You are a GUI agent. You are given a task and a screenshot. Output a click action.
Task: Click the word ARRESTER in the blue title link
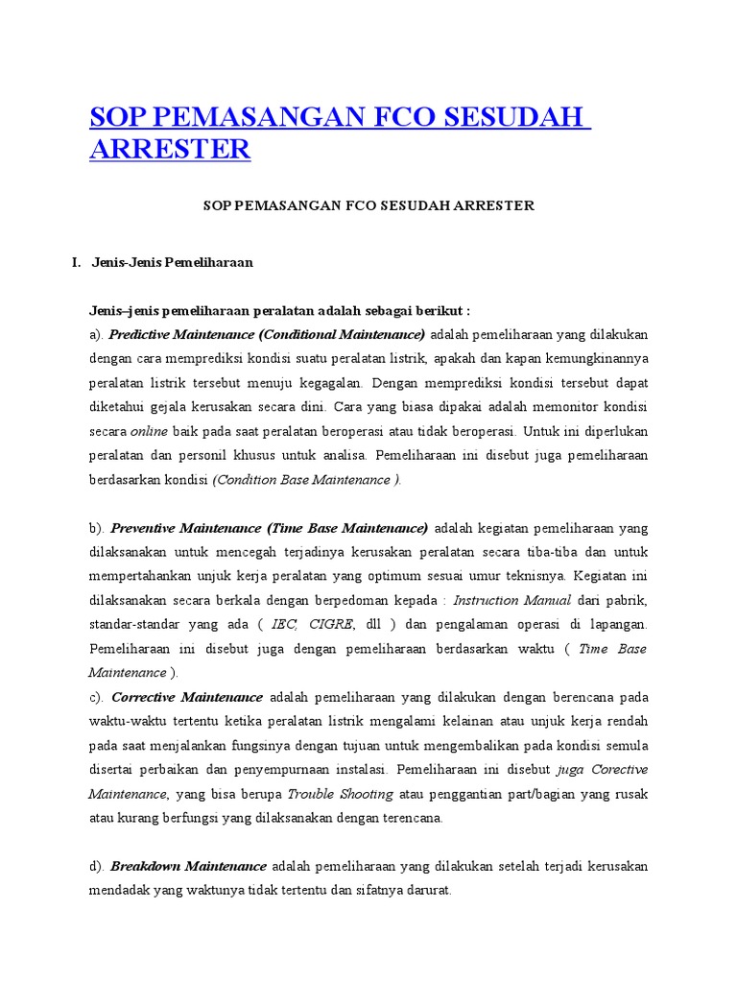[170, 149]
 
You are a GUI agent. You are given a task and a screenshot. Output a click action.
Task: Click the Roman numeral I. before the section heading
[77, 262]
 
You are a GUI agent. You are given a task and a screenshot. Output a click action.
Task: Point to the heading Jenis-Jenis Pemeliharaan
[173, 262]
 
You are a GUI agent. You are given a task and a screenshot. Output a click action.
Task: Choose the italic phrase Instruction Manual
[512, 600]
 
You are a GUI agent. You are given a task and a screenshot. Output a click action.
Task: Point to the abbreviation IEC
[284, 624]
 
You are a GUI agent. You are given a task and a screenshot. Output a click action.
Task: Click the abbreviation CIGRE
[331, 624]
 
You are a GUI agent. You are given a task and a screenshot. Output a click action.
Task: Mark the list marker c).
[97, 697]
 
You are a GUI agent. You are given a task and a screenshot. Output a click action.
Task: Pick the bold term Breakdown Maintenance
[189, 866]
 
